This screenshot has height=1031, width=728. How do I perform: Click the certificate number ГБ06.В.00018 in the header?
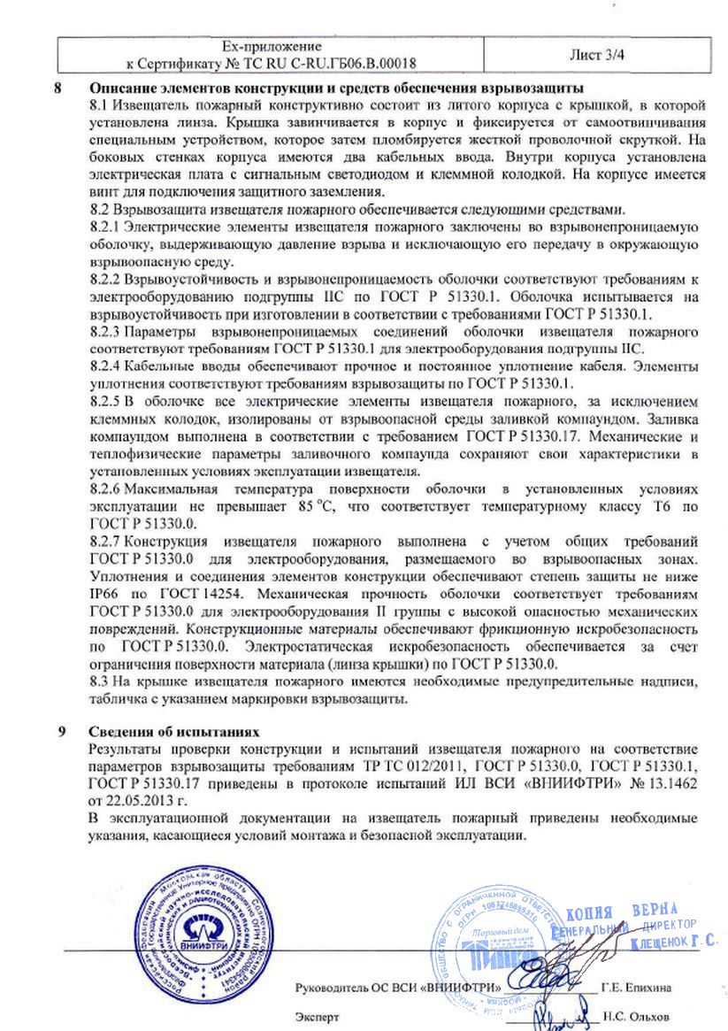(365, 63)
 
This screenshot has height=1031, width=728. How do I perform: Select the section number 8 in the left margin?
(59, 89)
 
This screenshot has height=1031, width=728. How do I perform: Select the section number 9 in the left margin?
(59, 733)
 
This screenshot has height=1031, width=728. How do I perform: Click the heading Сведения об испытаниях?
(174, 733)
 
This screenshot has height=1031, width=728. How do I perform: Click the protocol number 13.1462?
(674, 783)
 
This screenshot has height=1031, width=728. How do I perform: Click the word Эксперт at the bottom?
(318, 1018)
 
